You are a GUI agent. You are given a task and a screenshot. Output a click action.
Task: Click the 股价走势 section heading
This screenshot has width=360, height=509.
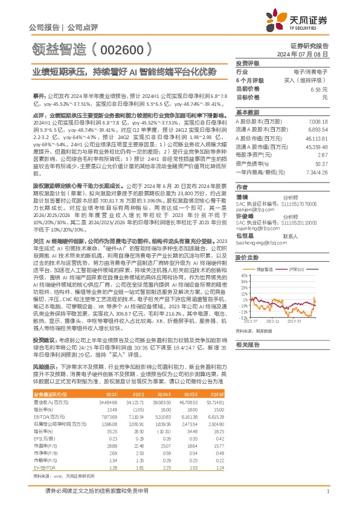point(247,258)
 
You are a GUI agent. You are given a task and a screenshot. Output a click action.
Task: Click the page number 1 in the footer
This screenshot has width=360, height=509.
point(327,492)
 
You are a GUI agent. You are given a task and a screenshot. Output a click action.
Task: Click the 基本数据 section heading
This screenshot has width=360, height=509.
point(247,112)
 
